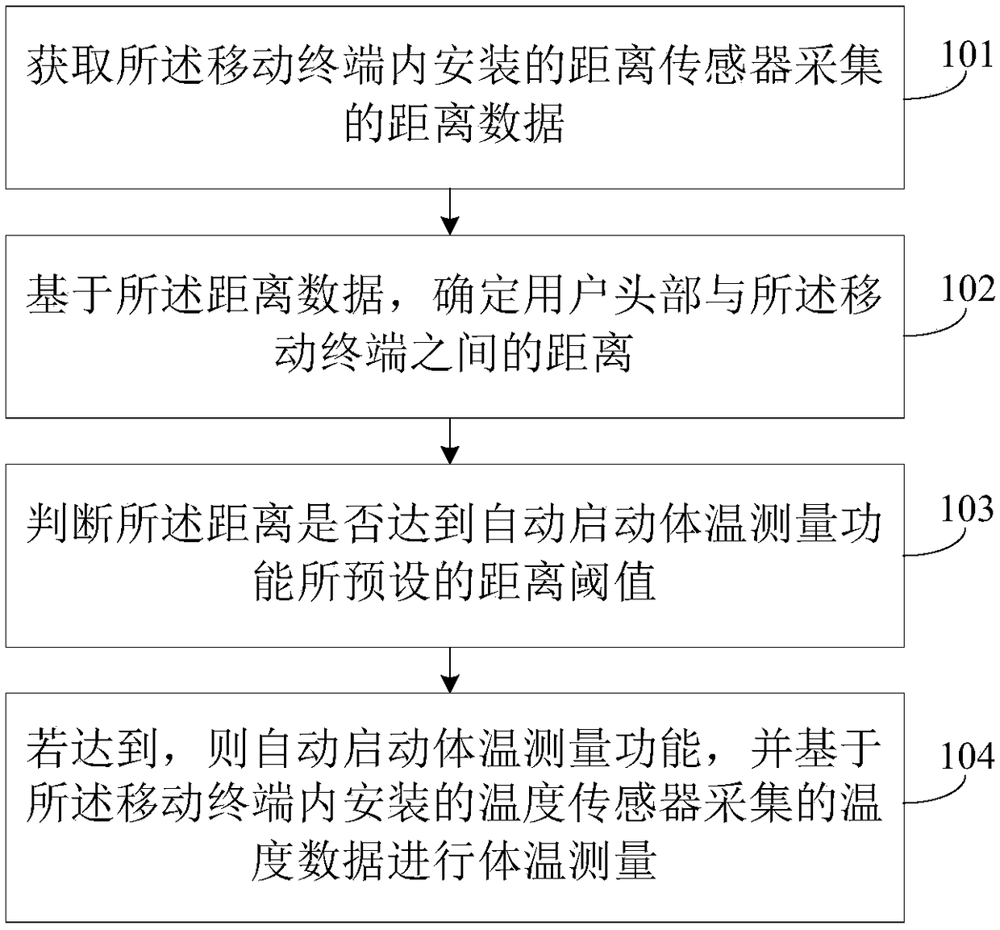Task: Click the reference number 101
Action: (967, 55)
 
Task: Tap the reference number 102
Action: (967, 289)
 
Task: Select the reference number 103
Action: (967, 509)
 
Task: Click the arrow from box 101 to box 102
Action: (452, 212)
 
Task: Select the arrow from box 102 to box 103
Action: (452, 441)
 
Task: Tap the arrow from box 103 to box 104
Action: (452, 669)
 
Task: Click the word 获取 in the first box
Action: (71, 67)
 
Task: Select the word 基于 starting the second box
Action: (71, 295)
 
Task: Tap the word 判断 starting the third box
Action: (71, 524)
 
